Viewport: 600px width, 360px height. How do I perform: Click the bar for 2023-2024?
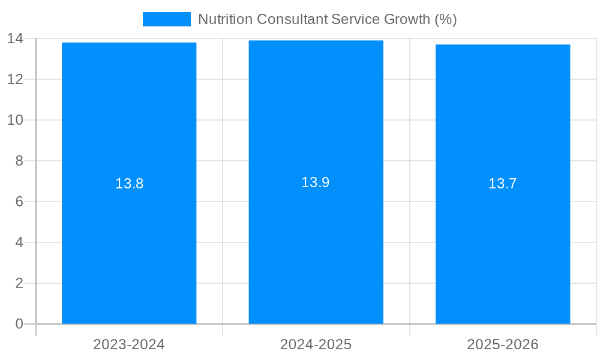click(x=129, y=240)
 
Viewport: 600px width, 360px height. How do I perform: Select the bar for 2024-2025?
click(x=316, y=240)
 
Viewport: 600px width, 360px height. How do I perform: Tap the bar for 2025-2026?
click(x=503, y=240)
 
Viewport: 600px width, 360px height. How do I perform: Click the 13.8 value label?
click(x=129, y=184)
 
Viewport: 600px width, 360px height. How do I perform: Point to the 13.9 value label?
click(x=316, y=182)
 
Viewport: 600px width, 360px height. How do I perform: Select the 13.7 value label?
click(x=503, y=184)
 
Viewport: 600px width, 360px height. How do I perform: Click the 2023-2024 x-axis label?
click(x=129, y=344)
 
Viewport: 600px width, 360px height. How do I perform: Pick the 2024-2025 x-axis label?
click(x=316, y=344)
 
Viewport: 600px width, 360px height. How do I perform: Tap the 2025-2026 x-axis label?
click(x=503, y=344)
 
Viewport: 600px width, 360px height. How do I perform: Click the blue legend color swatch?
click(x=166, y=19)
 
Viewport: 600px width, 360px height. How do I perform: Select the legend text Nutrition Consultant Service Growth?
click(x=327, y=19)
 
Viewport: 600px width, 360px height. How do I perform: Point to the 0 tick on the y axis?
click(x=19, y=324)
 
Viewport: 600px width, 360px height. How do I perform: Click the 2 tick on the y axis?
click(x=19, y=283)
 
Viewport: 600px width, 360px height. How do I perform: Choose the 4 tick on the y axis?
click(x=19, y=242)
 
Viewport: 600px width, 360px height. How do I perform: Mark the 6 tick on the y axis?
click(x=19, y=202)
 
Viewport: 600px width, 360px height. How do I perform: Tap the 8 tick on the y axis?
click(x=19, y=161)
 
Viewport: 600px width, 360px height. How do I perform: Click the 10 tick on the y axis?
click(x=15, y=120)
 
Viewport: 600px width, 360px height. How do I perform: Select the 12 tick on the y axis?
click(x=15, y=79)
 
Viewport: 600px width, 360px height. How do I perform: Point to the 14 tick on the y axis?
click(x=15, y=38)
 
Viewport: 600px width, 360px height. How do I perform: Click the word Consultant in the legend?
click(x=292, y=19)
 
